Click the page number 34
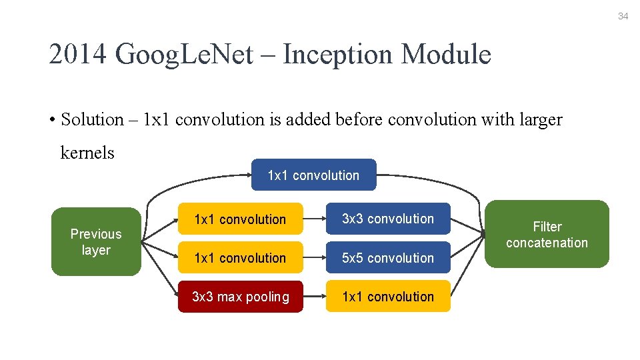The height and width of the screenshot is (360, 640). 623,16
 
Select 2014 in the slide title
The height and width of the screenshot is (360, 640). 78,55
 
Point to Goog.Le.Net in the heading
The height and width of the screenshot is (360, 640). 184,55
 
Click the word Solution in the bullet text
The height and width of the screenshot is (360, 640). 92,120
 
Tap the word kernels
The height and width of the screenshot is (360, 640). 87,153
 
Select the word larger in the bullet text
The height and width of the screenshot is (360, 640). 537,120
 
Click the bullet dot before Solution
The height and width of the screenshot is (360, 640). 51,121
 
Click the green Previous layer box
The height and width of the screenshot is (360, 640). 96,242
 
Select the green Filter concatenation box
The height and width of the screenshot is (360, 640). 547,235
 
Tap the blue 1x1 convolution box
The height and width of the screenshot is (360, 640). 313,175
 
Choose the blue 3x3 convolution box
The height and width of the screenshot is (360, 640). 387,219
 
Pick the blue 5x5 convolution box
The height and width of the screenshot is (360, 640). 387,258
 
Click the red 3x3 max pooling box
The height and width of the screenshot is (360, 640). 240,297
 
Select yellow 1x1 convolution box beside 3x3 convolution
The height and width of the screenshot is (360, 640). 240,219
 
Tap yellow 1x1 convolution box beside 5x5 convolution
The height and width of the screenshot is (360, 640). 240,258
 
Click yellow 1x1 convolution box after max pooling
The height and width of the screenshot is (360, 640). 387,297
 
